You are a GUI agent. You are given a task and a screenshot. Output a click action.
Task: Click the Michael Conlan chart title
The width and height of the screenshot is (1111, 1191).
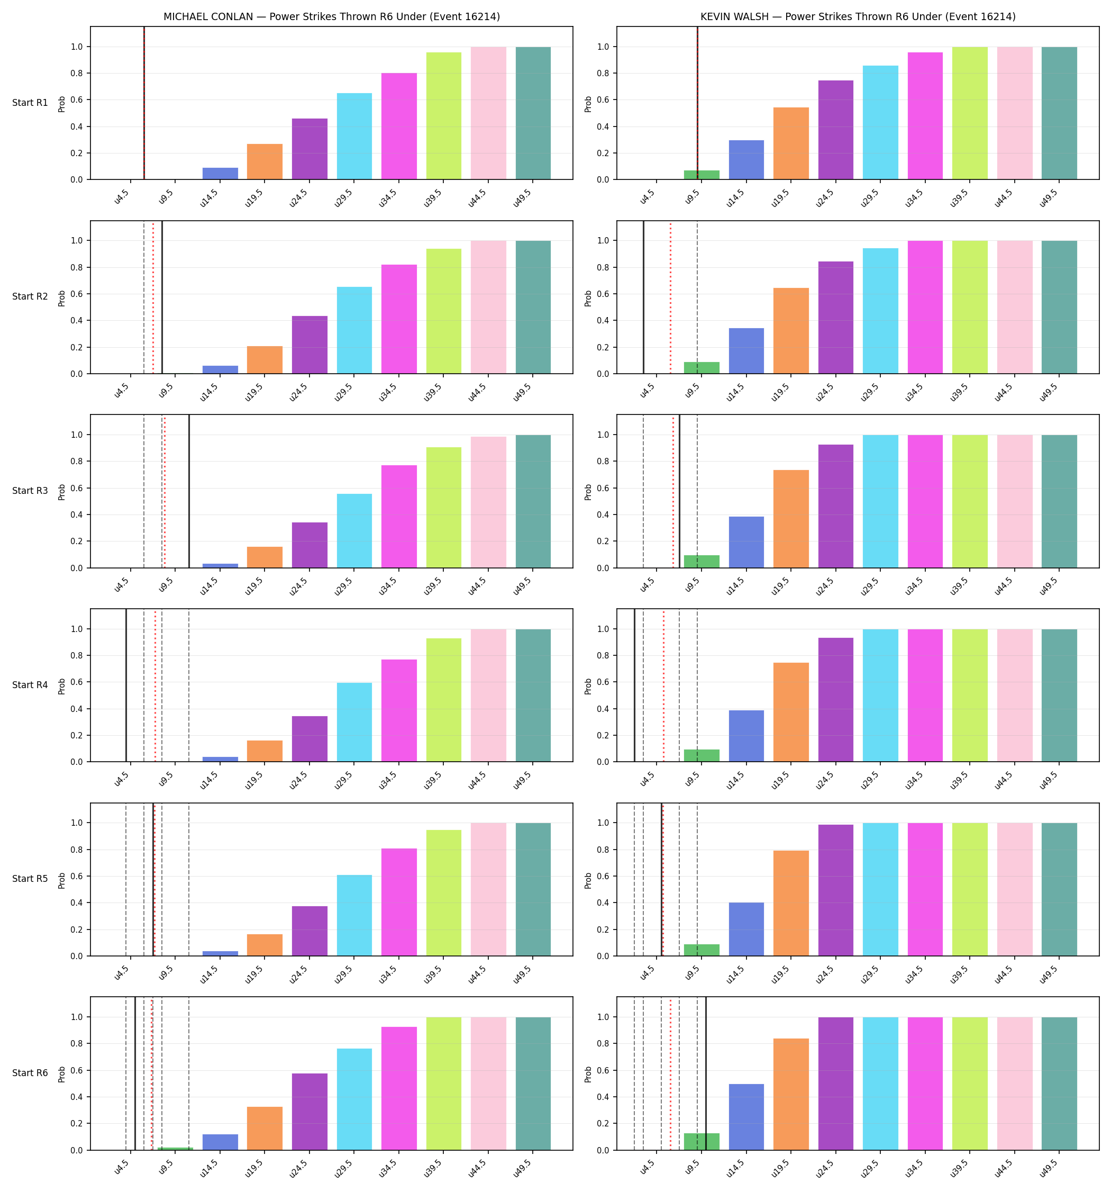(x=332, y=17)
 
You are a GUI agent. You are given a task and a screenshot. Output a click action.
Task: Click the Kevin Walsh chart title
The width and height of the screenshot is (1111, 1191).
(x=858, y=17)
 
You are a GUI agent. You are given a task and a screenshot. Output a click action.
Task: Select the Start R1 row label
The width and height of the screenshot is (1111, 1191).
(x=30, y=103)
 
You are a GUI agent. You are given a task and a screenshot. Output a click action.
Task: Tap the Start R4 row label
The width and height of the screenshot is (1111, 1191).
(x=30, y=685)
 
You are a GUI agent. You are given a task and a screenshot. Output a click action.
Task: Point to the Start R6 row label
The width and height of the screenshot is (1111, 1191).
(x=30, y=1073)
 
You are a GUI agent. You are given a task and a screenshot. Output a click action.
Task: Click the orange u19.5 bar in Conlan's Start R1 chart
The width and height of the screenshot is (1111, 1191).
(x=265, y=162)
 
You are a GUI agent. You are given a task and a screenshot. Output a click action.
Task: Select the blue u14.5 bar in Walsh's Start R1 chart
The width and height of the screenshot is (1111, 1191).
(x=746, y=160)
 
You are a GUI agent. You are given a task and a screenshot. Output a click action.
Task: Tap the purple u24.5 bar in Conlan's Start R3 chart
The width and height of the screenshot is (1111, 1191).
(x=309, y=545)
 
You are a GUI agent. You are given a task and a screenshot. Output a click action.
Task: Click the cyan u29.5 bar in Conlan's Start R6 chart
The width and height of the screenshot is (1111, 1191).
(x=354, y=1099)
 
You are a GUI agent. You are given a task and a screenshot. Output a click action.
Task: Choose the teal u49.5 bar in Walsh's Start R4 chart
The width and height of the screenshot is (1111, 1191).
(x=1059, y=696)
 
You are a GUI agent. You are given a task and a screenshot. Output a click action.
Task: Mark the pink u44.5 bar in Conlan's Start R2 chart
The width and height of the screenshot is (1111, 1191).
(x=488, y=308)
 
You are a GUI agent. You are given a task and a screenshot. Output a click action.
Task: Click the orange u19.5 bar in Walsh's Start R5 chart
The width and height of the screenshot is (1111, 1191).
(x=791, y=904)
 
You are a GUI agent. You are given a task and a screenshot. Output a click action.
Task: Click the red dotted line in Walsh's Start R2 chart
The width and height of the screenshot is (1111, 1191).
(x=670, y=297)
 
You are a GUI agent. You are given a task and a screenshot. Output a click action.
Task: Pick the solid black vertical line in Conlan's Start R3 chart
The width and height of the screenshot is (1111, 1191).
(x=189, y=491)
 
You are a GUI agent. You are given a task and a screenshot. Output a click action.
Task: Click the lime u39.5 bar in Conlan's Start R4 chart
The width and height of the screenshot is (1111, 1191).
(x=444, y=700)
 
